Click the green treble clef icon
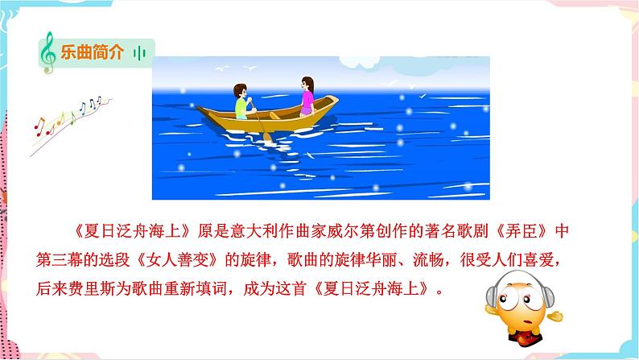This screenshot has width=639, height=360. tap(47, 53)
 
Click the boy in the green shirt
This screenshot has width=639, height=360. tap(242, 101)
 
